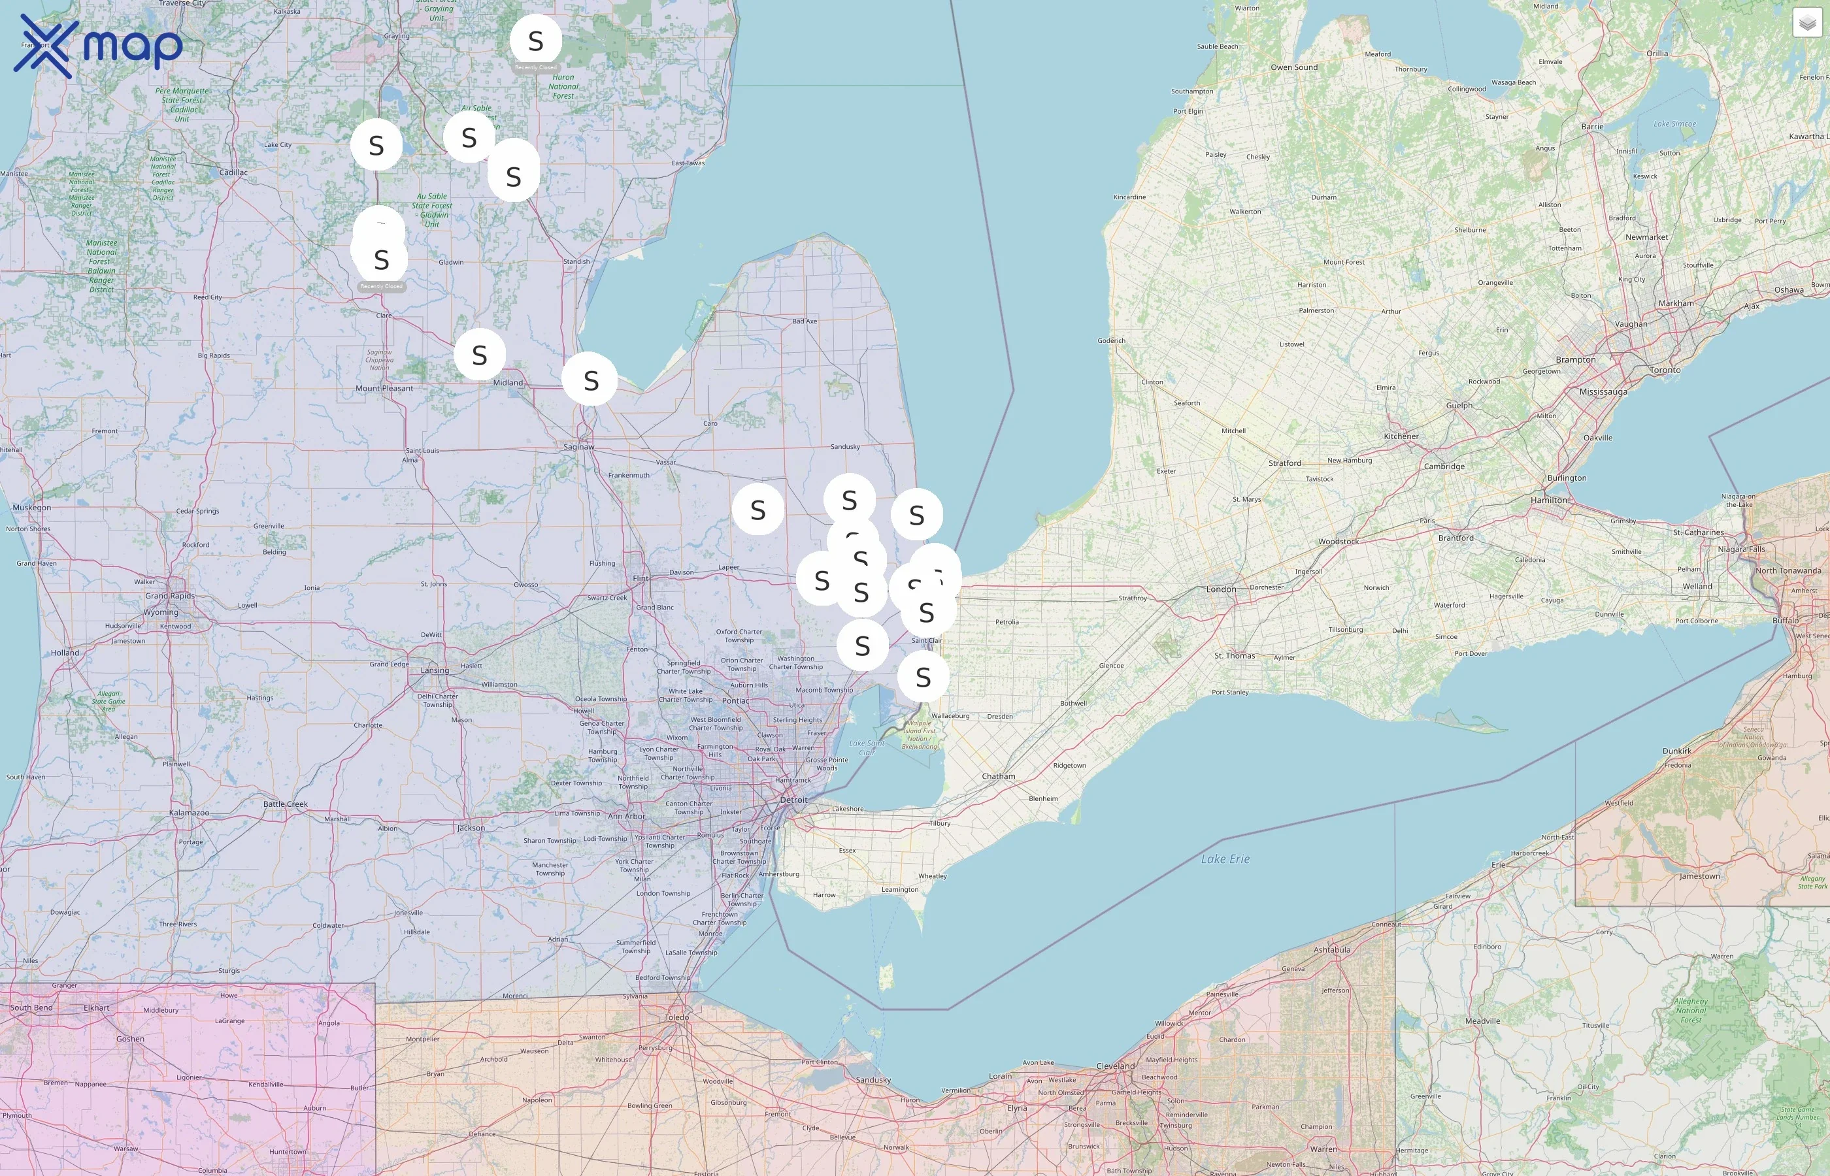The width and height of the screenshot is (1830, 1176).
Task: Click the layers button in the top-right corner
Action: (x=1806, y=24)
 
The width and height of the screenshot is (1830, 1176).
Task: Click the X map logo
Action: (x=99, y=46)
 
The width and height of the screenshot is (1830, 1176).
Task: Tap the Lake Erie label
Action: (x=1225, y=859)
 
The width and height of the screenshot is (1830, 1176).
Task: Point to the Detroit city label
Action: (x=793, y=800)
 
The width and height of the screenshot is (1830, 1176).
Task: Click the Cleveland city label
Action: (x=1115, y=1066)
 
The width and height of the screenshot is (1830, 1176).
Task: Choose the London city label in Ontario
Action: (x=1220, y=589)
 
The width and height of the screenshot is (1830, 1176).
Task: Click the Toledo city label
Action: (x=676, y=1017)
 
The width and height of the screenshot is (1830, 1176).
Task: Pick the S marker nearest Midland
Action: (x=480, y=354)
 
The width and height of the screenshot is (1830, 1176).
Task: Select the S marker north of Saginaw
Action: (x=590, y=380)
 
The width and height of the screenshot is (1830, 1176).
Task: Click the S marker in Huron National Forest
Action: (x=535, y=41)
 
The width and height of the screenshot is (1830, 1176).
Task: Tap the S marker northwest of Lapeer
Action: (x=757, y=510)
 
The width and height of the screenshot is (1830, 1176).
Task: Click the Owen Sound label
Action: (x=1294, y=67)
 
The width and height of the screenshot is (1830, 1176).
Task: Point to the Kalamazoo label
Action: (x=189, y=813)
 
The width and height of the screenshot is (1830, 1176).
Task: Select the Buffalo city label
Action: (x=1785, y=621)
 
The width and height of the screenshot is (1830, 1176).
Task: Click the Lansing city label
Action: (x=435, y=670)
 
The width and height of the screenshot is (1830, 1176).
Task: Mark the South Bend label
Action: (x=31, y=1008)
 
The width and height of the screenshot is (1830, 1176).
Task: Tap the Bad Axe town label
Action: (x=805, y=321)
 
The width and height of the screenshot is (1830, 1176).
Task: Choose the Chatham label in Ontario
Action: (x=998, y=777)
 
